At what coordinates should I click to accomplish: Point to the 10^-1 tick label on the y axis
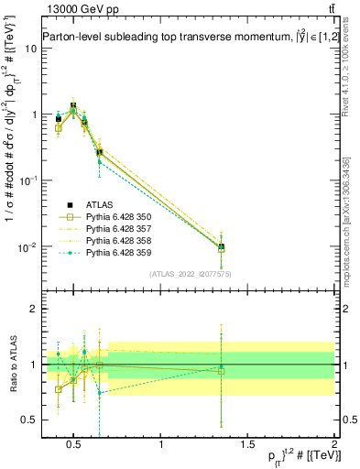tap(28, 180)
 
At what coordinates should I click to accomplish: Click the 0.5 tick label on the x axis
tap(76, 445)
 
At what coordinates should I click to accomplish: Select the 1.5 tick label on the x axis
tap(248, 445)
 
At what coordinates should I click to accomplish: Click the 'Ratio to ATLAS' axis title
tap(12, 365)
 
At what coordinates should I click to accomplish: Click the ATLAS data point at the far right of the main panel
tap(221, 246)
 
